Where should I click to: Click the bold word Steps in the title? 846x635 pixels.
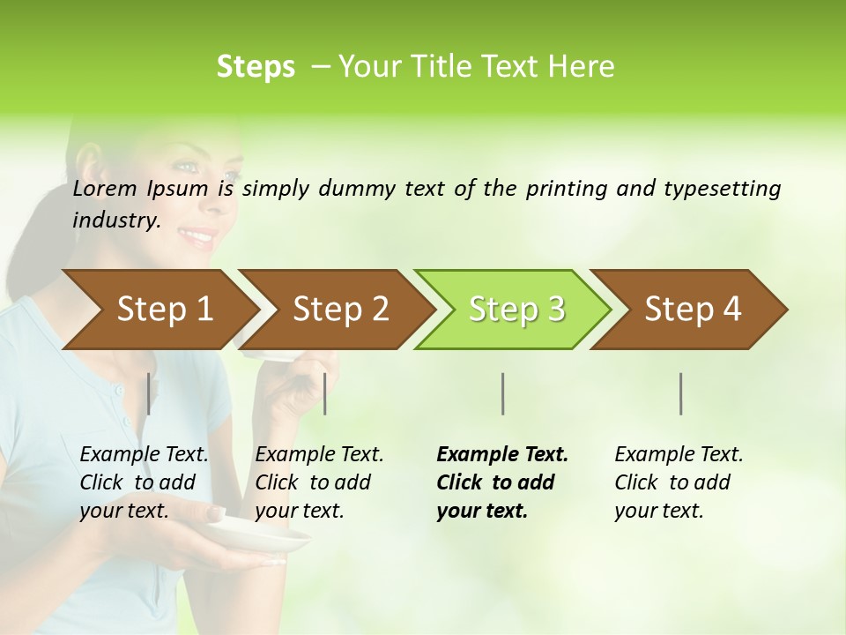pos(256,67)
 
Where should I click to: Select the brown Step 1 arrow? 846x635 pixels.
pos(159,310)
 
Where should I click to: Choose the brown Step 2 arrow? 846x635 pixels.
pos(339,310)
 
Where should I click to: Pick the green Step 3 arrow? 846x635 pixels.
pos(516,310)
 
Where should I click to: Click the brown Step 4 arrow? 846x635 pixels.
pos(692,310)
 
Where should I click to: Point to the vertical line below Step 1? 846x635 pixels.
pos(149,393)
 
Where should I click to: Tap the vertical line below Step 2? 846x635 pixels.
pos(325,393)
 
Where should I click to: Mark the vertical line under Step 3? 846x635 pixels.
pos(502,393)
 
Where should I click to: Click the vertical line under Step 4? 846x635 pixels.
pos(681,393)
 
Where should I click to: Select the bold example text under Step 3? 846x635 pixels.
pos(501,482)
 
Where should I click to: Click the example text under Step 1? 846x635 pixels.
pos(144,482)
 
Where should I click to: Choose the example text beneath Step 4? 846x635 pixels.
pos(679,482)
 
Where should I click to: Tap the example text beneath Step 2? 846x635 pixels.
pos(319,482)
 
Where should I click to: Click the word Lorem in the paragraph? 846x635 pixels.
pos(105,189)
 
